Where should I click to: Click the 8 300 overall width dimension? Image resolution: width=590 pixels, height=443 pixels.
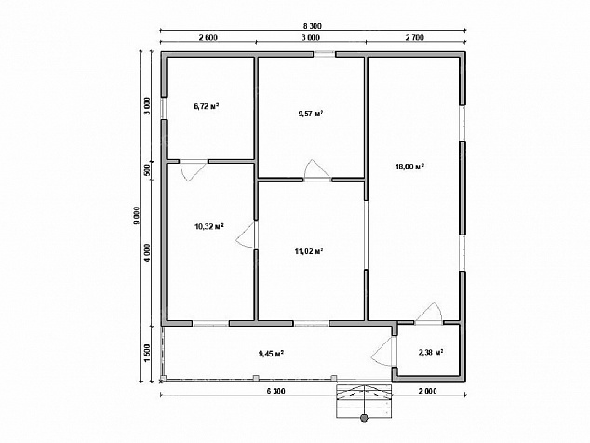tap(313, 26)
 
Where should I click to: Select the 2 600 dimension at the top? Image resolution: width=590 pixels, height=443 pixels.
tap(208, 37)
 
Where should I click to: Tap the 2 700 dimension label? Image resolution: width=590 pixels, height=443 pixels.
tap(415, 37)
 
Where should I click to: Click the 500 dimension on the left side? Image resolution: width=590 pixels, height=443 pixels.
tap(147, 170)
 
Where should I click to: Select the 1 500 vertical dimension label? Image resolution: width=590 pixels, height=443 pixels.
tap(147, 353)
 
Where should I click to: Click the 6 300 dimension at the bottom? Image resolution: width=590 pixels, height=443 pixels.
tap(275, 391)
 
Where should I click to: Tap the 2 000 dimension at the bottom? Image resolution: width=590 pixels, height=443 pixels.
tap(427, 391)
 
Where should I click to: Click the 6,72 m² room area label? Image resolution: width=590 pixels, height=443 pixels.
tap(207, 106)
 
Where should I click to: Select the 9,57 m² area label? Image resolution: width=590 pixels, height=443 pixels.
tap(311, 114)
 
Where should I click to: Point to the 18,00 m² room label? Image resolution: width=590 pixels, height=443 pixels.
tap(409, 167)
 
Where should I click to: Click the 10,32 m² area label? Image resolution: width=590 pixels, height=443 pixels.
tap(209, 226)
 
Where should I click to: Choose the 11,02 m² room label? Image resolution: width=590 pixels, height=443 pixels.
tap(309, 251)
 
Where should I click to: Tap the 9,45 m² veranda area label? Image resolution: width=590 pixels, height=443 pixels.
tap(272, 354)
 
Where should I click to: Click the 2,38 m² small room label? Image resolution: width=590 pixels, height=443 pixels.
tap(431, 353)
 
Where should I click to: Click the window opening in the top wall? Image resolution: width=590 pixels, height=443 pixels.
tap(324, 54)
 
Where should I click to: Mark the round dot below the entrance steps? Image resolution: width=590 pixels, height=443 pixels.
tap(364, 417)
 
